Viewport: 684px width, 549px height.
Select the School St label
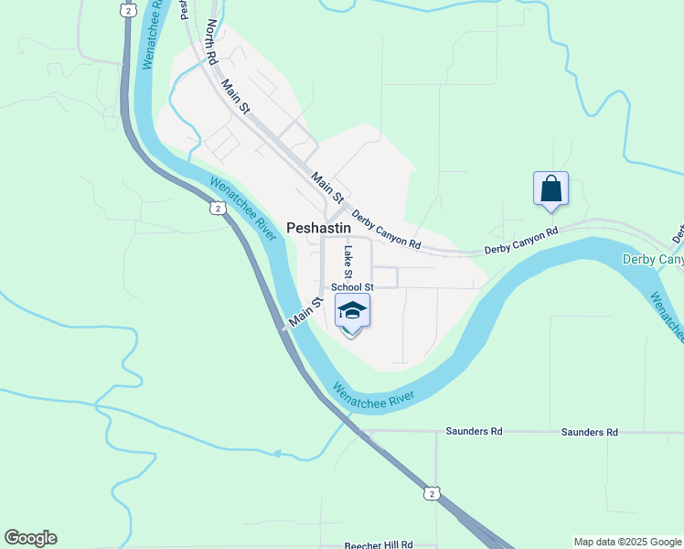tap(352, 287)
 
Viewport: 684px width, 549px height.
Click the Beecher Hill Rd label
tap(379, 544)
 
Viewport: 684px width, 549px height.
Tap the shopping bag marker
tap(551, 188)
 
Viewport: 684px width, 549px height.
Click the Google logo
tap(30, 538)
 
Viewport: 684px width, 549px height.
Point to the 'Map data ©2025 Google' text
tap(627, 542)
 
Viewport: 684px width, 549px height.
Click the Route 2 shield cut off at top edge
tap(127, 7)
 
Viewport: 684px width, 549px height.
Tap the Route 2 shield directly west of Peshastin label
tap(217, 208)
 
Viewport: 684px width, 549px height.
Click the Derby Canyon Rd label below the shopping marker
tap(520, 240)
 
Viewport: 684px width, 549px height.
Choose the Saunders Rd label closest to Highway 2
tap(474, 431)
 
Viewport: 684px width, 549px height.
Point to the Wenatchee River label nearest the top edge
tap(155, 35)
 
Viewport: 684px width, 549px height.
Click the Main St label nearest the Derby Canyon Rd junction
tap(326, 186)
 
